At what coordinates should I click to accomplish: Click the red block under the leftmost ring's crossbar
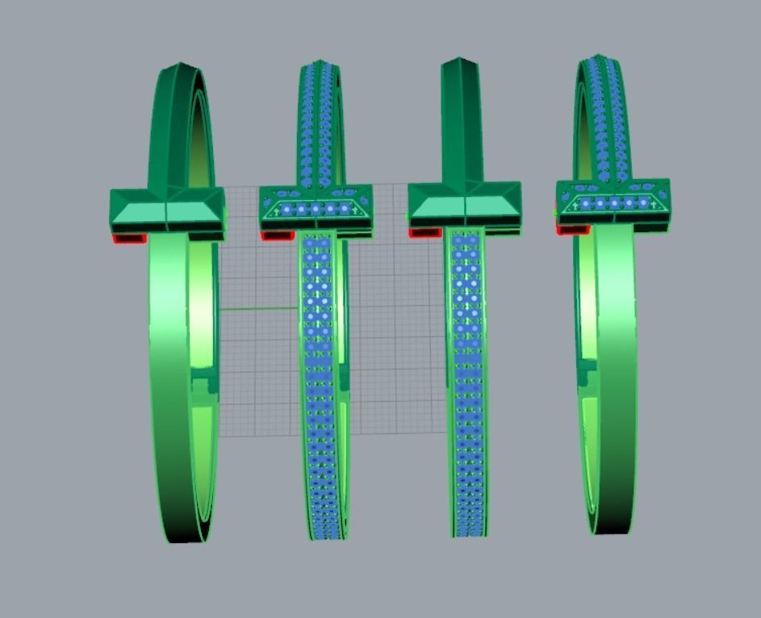coord(129,238)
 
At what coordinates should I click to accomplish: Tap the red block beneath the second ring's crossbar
coord(277,236)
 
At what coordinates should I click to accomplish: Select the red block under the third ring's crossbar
coord(424,232)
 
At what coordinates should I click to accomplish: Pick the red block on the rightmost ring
coord(572,230)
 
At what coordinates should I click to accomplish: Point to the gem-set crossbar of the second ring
coord(316,208)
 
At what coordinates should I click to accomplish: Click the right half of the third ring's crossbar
coord(492,205)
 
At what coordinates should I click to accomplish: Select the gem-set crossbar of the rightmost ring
coord(613,203)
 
